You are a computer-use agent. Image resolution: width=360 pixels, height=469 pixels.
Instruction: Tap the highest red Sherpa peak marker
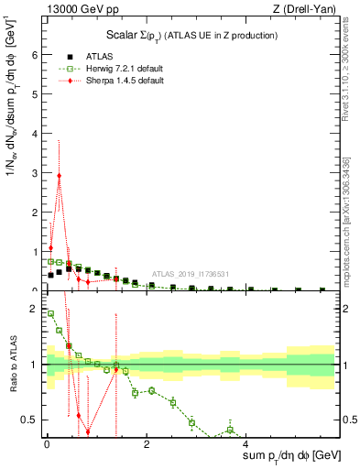tap(59, 175)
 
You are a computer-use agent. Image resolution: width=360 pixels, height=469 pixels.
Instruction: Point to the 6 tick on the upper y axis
tap(37, 54)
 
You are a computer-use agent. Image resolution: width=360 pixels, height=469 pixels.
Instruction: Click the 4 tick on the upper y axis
tap(37, 133)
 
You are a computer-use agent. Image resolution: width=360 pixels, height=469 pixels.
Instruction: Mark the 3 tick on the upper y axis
tap(37, 172)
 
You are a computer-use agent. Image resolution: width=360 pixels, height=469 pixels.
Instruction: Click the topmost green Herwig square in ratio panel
tap(50, 314)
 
